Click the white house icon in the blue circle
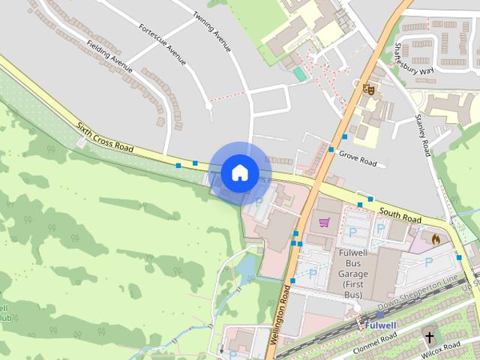click(239, 172)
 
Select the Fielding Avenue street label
click(109, 57)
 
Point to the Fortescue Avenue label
click(162, 44)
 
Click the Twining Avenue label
click(211, 31)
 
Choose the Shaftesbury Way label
click(413, 58)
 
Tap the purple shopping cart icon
click(324, 222)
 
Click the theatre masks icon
click(368, 89)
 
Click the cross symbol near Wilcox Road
click(430, 337)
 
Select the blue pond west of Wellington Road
click(247, 266)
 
